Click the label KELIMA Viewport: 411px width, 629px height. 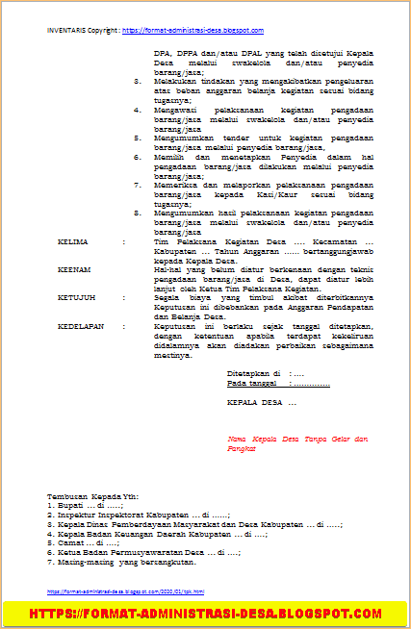click(x=71, y=242)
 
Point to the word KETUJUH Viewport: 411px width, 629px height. click(x=74, y=298)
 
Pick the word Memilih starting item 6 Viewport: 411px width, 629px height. click(x=169, y=157)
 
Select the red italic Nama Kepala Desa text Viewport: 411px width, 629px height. click(x=296, y=439)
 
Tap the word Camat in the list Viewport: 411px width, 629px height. click(x=70, y=542)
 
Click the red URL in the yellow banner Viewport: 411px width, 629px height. click(x=205, y=612)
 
